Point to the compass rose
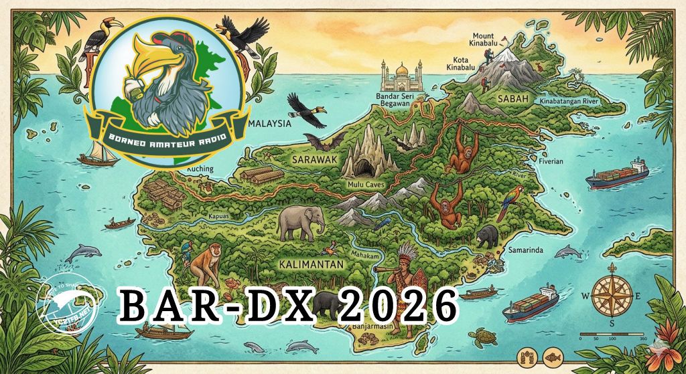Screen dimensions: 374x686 [611, 296]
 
